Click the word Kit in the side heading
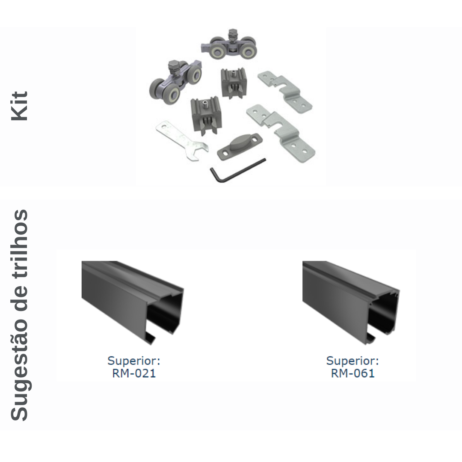click(19, 106)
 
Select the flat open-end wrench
click(181, 141)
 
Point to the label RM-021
click(134, 373)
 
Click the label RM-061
click(352, 373)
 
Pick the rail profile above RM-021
click(133, 302)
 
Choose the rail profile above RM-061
click(351, 302)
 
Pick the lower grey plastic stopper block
click(206, 115)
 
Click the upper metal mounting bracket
click(285, 92)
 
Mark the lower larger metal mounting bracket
click(281, 133)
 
